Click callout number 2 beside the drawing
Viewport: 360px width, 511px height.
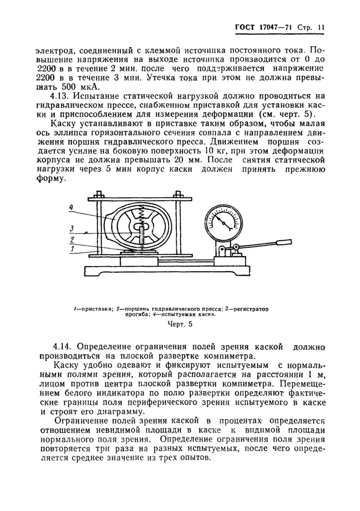(x=73, y=239)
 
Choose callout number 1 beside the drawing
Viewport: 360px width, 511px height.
(x=73, y=249)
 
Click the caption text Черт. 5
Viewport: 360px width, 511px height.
(x=179, y=324)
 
